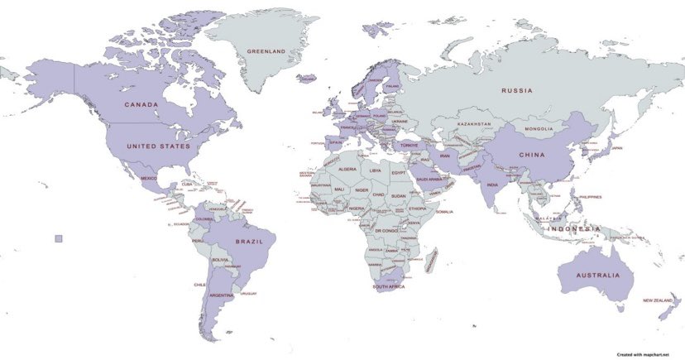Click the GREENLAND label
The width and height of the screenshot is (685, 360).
tap(266, 51)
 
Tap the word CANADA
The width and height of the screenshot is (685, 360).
tap(141, 105)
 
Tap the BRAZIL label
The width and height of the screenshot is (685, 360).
tap(249, 242)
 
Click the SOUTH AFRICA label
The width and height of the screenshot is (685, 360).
tap(388, 287)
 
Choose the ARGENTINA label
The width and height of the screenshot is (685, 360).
tap(222, 295)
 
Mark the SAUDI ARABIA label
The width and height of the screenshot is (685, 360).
tap(429, 178)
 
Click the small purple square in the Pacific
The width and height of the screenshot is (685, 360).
tap(58, 238)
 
